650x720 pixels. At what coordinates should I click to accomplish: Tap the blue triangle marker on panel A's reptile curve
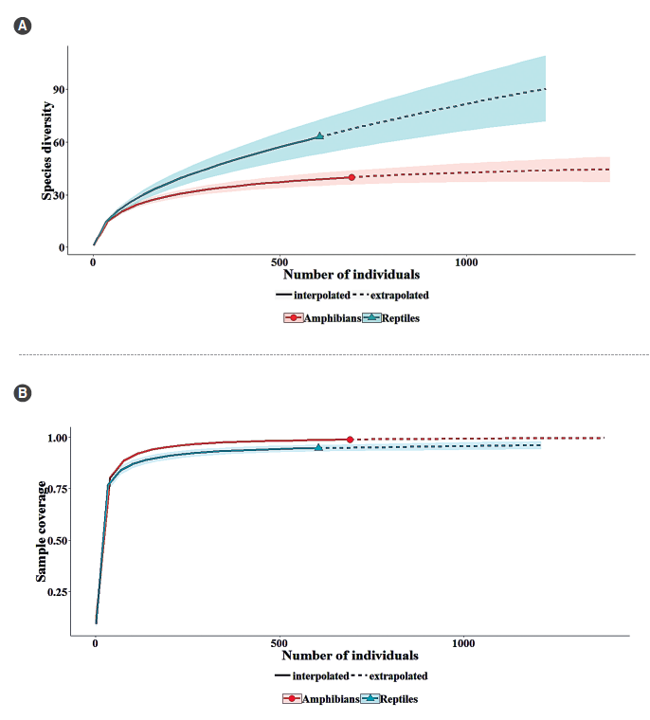(320, 135)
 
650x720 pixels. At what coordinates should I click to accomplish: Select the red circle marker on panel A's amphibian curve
(352, 177)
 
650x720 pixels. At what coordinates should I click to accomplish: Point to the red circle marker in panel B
(350, 440)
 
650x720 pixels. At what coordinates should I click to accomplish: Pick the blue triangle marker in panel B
(318, 447)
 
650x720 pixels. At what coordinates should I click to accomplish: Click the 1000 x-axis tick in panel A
(465, 262)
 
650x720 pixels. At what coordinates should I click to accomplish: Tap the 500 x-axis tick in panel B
(280, 642)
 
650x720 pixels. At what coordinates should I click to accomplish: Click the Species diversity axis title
(46, 152)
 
